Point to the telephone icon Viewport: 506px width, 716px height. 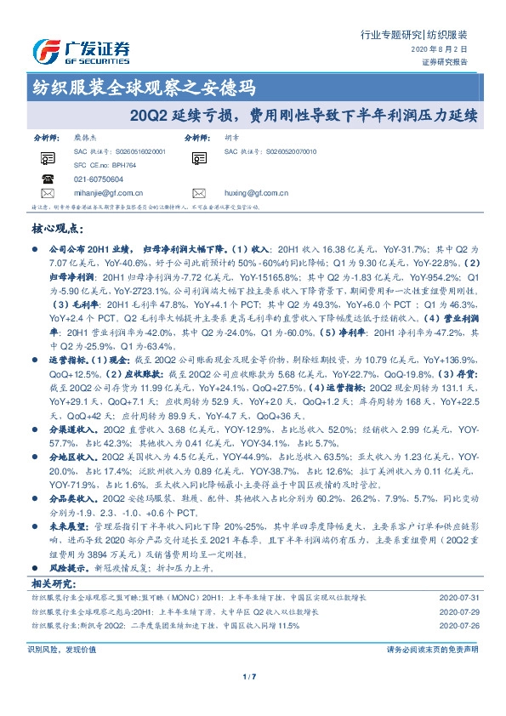coord(46,179)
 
